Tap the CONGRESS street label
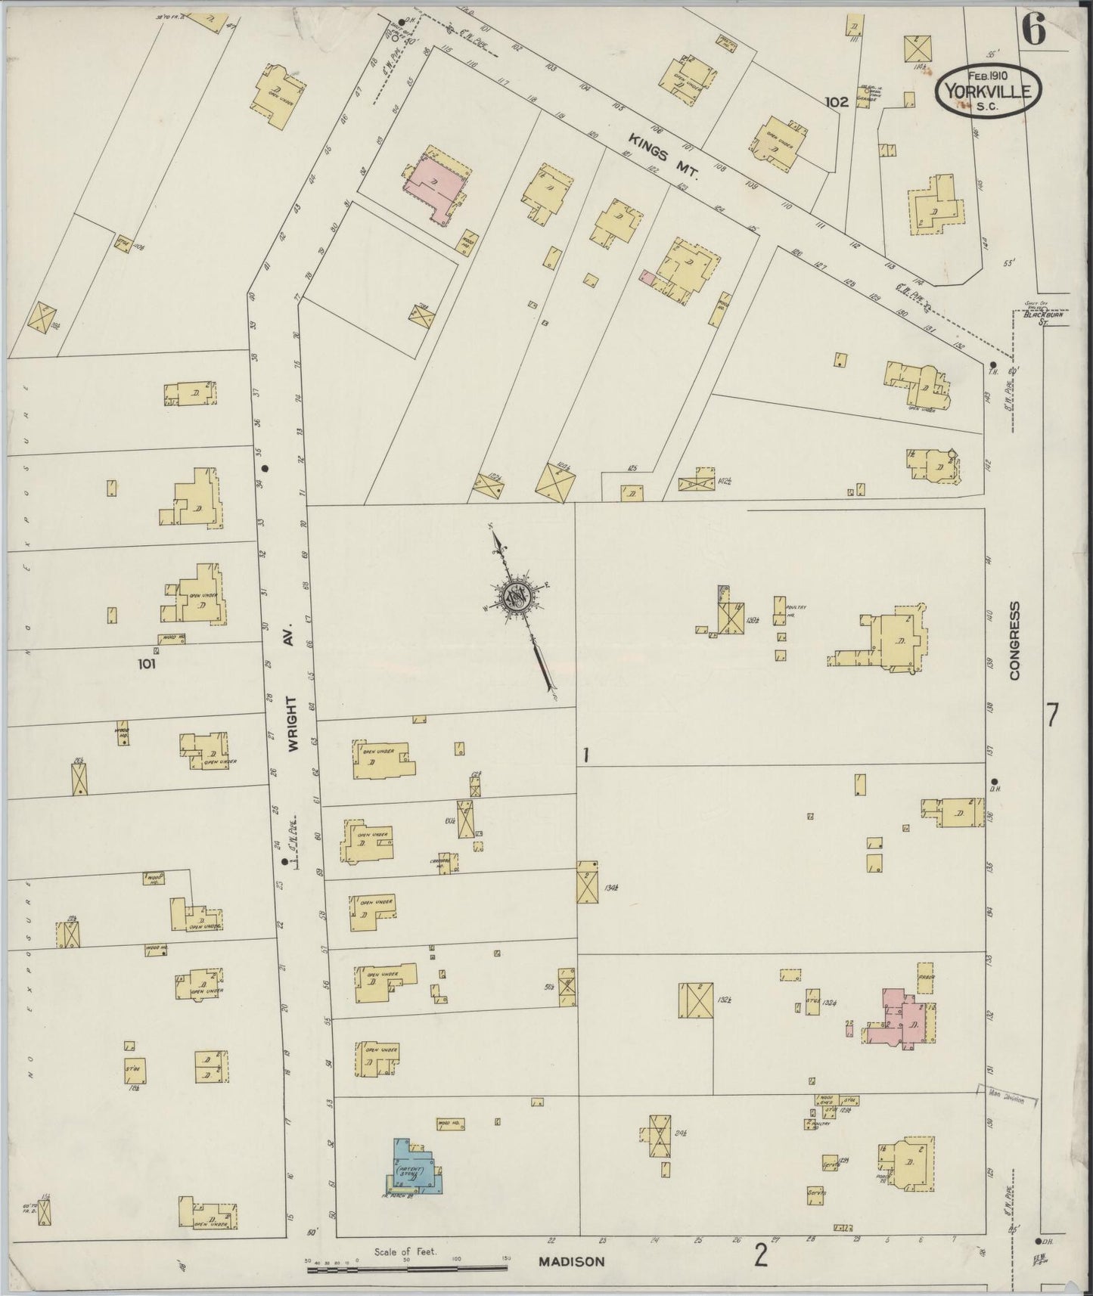tap(1015, 640)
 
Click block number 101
tap(146, 664)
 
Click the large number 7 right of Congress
tap(1051, 715)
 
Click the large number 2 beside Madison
tap(760, 1257)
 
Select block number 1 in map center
tap(585, 755)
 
